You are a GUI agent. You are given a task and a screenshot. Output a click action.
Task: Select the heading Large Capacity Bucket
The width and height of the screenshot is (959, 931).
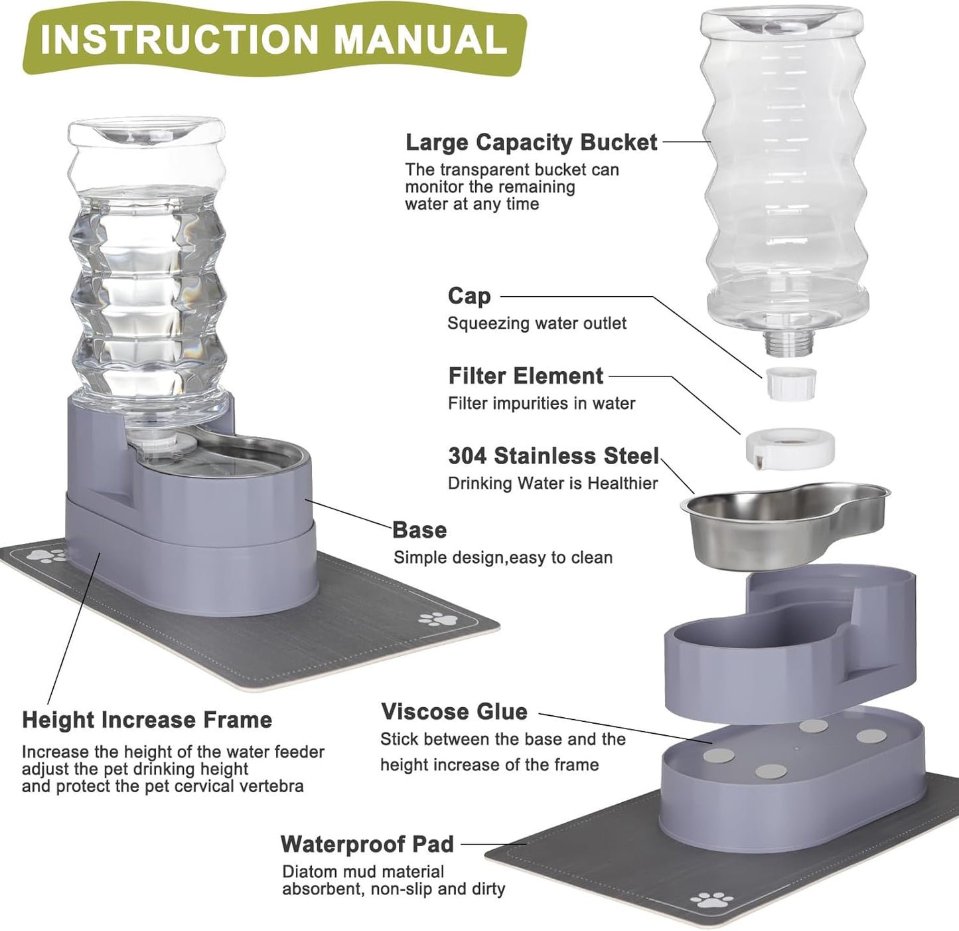tap(531, 142)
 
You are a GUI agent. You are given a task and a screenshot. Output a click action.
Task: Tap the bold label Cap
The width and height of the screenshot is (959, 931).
tap(469, 296)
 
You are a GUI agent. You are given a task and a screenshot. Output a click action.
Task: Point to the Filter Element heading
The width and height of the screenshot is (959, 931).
tap(526, 376)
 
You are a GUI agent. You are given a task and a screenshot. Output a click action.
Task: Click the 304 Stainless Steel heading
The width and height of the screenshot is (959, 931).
tap(553, 456)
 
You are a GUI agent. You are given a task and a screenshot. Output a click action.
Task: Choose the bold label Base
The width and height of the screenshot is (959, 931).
tap(419, 530)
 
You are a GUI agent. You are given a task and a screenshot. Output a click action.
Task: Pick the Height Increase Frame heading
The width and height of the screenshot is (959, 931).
tap(147, 720)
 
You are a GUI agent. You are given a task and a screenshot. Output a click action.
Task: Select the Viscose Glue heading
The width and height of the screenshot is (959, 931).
tap(454, 711)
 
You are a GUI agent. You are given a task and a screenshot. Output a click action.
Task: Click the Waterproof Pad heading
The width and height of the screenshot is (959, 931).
tap(367, 844)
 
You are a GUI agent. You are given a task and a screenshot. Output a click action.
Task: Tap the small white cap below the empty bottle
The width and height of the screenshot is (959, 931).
tap(790, 383)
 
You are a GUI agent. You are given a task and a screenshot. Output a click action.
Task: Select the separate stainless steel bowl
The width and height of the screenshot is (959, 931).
tap(783, 525)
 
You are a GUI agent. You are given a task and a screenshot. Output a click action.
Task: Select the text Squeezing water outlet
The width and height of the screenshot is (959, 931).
tap(536, 323)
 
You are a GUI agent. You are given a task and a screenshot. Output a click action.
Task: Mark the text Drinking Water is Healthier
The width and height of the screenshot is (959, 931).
tap(552, 483)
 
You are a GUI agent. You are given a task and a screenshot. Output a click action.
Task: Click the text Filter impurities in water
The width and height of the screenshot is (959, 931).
tap(541, 403)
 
